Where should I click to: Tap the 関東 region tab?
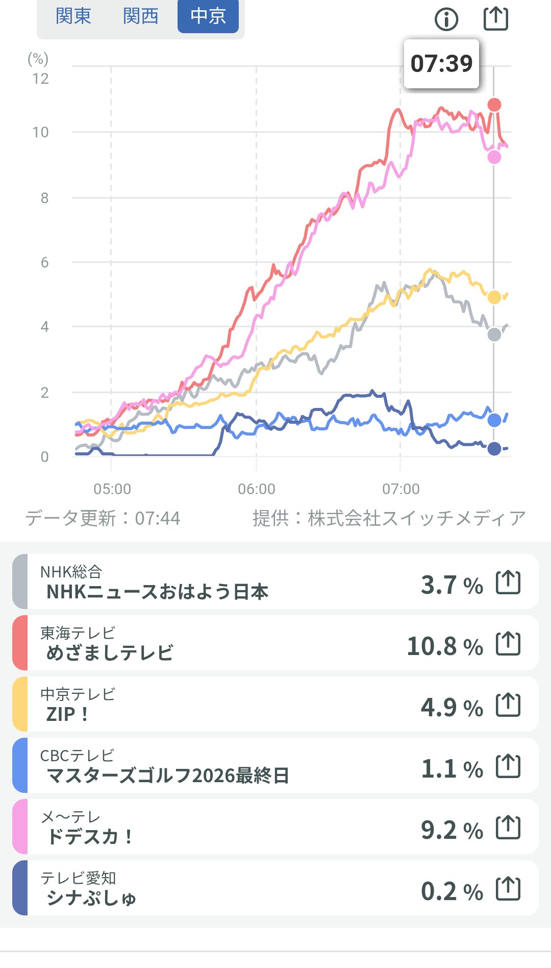pyautogui.click(x=73, y=16)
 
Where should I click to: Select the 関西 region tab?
pyautogui.click(x=140, y=16)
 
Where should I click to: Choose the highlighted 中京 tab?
pyautogui.click(x=208, y=16)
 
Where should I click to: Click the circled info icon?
pyautogui.click(x=446, y=19)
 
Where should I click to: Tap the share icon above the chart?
pyautogui.click(x=496, y=18)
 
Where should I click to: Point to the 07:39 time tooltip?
pyautogui.click(x=441, y=64)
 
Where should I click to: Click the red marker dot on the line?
pyautogui.click(x=494, y=105)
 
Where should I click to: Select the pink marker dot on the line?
pyautogui.click(x=494, y=157)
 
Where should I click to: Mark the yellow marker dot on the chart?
pyautogui.click(x=494, y=297)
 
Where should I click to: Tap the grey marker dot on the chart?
pyautogui.click(x=494, y=335)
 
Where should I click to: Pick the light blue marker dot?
pyautogui.click(x=494, y=420)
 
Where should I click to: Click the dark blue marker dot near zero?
pyautogui.click(x=494, y=449)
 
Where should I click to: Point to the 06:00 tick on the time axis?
pyautogui.click(x=256, y=489)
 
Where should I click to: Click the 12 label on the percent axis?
pyautogui.click(x=40, y=79)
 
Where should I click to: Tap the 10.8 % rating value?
pyautogui.click(x=444, y=646)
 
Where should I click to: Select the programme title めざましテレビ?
pyautogui.click(x=110, y=653)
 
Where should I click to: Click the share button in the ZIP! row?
pyautogui.click(x=508, y=705)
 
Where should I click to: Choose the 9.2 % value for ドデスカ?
pyautogui.click(x=452, y=830)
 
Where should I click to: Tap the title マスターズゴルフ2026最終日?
pyautogui.click(x=168, y=776)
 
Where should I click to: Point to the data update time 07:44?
pyautogui.click(x=158, y=519)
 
